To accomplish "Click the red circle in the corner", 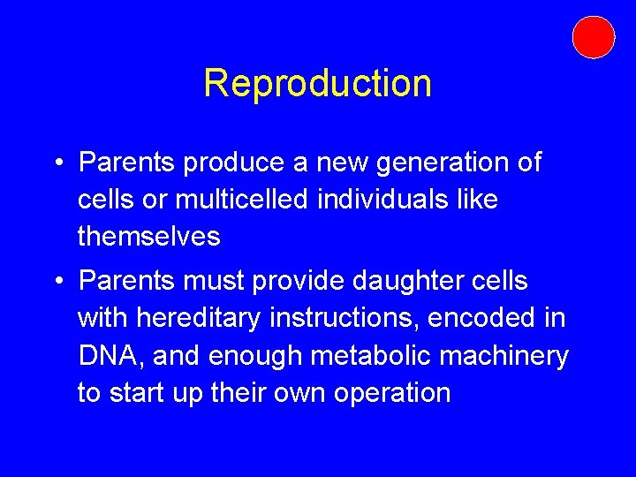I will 593,37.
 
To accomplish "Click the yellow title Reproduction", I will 317,83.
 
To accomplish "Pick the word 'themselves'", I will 148,236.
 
